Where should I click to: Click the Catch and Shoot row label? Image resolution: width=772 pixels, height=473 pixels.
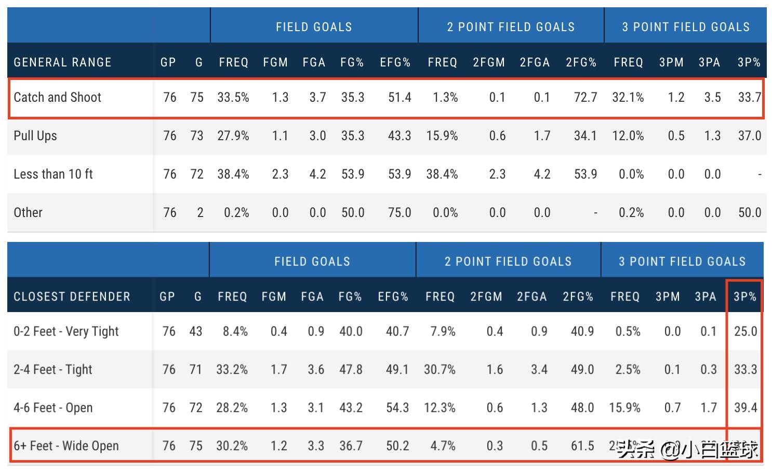click(x=58, y=98)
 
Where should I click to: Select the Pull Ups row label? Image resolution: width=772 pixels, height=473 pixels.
click(x=35, y=136)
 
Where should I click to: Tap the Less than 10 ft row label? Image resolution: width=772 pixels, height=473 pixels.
click(x=53, y=174)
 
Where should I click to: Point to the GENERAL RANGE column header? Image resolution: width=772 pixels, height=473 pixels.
click(x=62, y=62)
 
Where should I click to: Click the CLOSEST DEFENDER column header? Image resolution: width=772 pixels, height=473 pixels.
click(x=72, y=296)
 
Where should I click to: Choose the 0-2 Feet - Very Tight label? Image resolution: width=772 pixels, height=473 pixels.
click(x=66, y=331)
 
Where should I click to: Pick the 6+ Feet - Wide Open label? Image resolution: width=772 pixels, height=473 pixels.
click(x=66, y=445)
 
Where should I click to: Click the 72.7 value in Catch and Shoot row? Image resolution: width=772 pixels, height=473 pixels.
click(x=585, y=98)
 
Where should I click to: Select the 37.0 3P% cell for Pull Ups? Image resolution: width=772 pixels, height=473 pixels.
click(x=749, y=136)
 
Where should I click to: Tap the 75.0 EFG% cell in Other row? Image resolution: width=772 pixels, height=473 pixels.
click(x=400, y=212)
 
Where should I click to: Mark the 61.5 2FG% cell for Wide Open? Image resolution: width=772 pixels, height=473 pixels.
click(x=582, y=445)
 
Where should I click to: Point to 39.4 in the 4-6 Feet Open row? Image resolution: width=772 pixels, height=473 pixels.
click(x=746, y=408)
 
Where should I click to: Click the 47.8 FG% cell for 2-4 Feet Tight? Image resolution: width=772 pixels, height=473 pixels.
click(x=351, y=369)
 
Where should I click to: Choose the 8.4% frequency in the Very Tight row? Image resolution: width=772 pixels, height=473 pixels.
click(x=235, y=331)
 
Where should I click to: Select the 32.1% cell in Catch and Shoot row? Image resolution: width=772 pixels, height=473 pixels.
click(x=628, y=98)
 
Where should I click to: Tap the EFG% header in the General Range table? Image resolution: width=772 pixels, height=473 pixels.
click(x=395, y=62)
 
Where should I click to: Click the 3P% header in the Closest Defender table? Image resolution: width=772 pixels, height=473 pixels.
click(x=745, y=296)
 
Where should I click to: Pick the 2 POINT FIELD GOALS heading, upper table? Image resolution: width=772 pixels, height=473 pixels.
click(x=511, y=27)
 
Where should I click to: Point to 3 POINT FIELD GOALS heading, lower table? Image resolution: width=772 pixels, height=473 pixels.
click(x=682, y=261)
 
